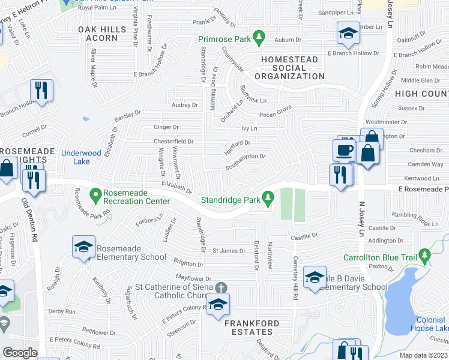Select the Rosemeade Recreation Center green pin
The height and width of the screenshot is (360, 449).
(95, 194)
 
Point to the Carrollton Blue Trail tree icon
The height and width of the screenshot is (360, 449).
(425, 256)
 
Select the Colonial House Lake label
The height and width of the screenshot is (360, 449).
(430, 324)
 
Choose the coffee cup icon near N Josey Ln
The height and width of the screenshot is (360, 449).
(345, 150)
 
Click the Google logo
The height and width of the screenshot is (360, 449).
(20, 353)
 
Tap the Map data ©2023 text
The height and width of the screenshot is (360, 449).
(423, 355)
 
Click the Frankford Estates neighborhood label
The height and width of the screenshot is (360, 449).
(252, 328)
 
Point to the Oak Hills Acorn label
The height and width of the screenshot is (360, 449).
(97, 33)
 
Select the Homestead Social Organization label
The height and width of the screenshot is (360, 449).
(289, 68)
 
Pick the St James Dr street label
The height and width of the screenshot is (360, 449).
(229, 251)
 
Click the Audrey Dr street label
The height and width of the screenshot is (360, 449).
(184, 104)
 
